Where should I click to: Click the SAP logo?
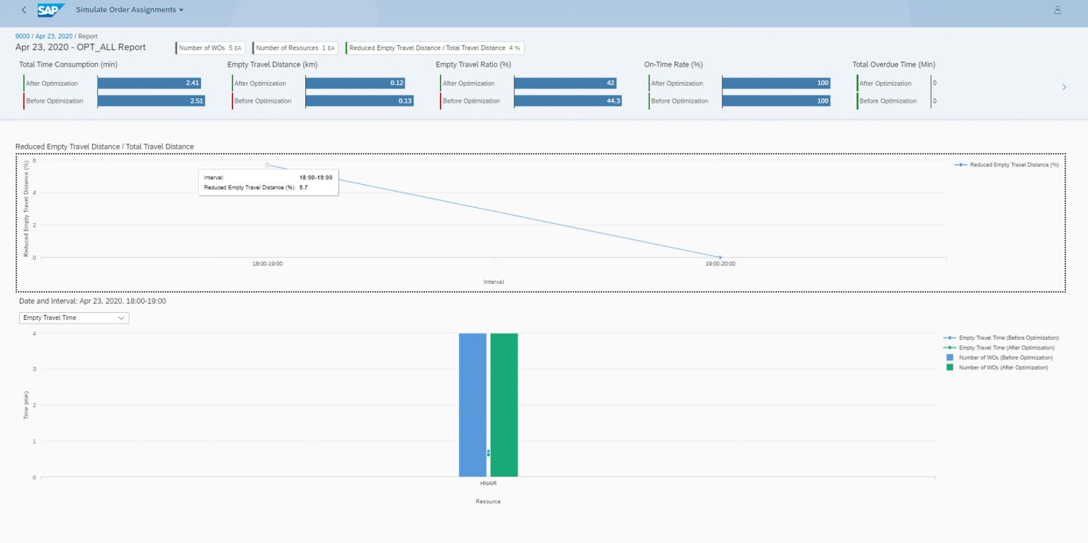click(51, 10)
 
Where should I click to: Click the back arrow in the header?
click(24, 10)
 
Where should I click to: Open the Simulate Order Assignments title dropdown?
click(130, 10)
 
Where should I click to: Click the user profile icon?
click(1058, 10)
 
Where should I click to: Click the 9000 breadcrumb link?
click(23, 36)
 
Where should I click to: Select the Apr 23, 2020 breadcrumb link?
click(54, 36)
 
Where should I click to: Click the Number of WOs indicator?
click(210, 48)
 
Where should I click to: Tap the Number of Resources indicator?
click(295, 48)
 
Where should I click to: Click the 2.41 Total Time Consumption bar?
click(149, 84)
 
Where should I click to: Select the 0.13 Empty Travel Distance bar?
click(359, 101)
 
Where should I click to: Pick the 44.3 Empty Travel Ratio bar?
click(567, 101)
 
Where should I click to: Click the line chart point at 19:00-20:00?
click(720, 257)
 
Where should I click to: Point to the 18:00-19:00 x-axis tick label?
click(267, 264)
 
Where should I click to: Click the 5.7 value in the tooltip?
click(303, 188)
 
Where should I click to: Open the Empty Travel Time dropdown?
click(74, 318)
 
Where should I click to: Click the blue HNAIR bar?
click(472, 404)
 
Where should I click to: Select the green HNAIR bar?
click(504, 404)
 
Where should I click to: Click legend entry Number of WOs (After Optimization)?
click(1003, 367)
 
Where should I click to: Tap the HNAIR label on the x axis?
click(488, 485)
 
